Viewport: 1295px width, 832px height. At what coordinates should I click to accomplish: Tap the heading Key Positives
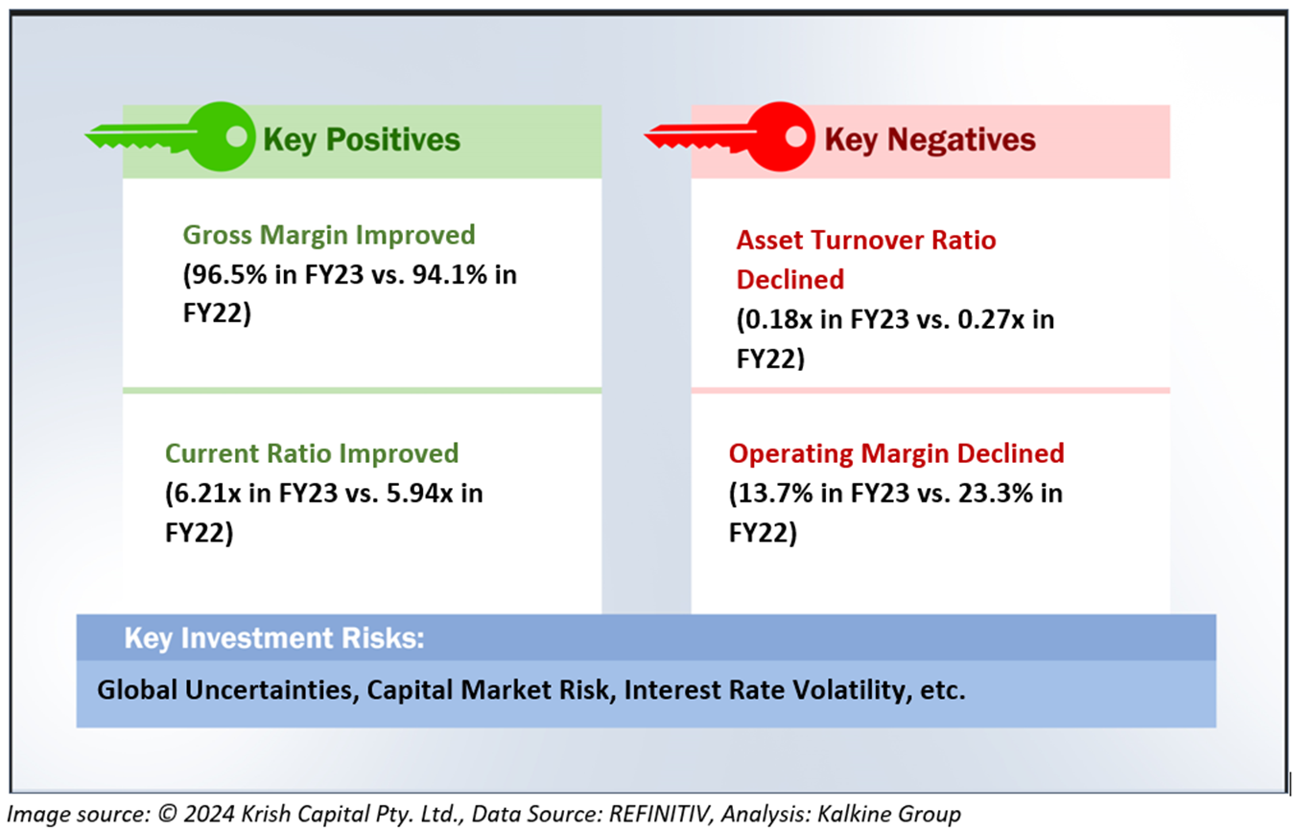pyautogui.click(x=362, y=140)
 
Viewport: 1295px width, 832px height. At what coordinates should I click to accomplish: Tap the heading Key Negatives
pyautogui.click(x=930, y=140)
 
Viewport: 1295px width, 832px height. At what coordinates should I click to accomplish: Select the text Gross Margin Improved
pyautogui.click(x=329, y=235)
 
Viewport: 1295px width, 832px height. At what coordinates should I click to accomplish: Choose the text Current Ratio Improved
pyautogui.click(x=312, y=452)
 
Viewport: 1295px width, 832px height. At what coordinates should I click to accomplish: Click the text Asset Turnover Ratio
pyautogui.click(x=866, y=240)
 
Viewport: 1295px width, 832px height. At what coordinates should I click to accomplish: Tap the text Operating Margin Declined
pyautogui.click(x=896, y=452)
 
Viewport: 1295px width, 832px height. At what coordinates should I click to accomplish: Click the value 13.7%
pyautogui.click(x=773, y=494)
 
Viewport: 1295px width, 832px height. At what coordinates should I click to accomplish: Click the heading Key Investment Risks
pyautogui.click(x=273, y=638)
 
